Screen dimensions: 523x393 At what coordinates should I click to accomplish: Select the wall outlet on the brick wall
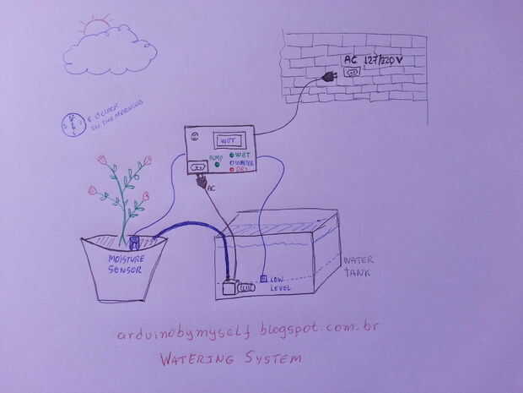tap(352, 74)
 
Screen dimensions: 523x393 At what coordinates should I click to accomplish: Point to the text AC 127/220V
tap(376, 60)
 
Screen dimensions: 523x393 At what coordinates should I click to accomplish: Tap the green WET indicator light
tap(232, 155)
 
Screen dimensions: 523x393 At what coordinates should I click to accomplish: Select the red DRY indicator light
tap(232, 169)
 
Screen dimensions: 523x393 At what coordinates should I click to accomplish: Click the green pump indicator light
tap(217, 161)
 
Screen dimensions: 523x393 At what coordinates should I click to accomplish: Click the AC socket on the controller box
tap(199, 166)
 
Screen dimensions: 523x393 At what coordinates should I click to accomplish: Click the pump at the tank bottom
tap(230, 287)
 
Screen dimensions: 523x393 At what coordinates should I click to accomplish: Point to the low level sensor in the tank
tap(264, 278)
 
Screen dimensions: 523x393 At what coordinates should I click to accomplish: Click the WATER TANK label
tap(357, 266)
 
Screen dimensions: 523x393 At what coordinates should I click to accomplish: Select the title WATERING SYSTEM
tap(230, 358)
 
